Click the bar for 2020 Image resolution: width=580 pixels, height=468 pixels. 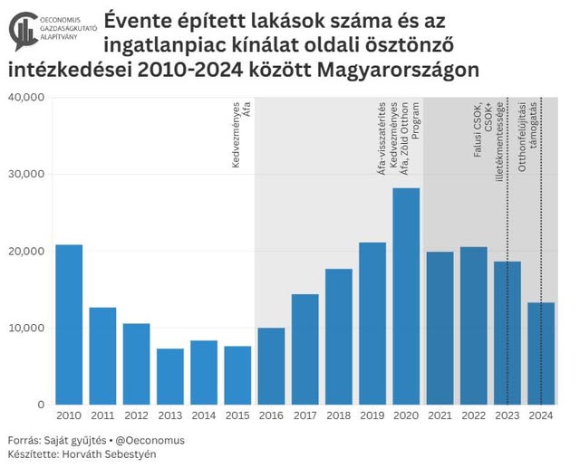pos(406,296)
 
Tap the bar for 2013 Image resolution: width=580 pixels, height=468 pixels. pos(169,377)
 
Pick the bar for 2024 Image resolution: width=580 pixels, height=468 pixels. pos(541,353)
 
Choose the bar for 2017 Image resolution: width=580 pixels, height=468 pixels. pos(304,349)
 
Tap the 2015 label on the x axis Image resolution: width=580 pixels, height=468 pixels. pos(237,415)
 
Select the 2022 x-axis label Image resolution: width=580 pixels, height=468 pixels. pos(473,415)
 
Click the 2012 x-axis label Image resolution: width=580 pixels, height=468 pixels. pos(136,415)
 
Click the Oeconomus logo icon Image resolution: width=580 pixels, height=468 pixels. pos(24,30)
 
